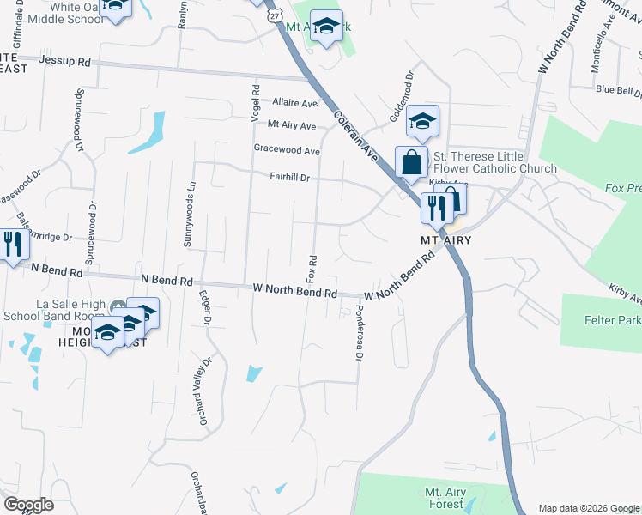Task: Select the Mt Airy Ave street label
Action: tap(292, 125)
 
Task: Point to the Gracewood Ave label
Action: tap(287, 151)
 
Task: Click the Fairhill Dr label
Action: tap(289, 178)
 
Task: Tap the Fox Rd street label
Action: tap(312, 269)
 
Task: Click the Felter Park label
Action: tap(611, 320)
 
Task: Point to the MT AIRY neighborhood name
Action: tap(447, 240)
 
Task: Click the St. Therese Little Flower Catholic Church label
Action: tap(494, 162)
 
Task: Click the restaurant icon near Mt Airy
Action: tap(436, 207)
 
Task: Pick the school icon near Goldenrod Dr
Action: tap(422, 121)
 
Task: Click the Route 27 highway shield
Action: tap(274, 16)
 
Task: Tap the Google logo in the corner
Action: tap(28, 505)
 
